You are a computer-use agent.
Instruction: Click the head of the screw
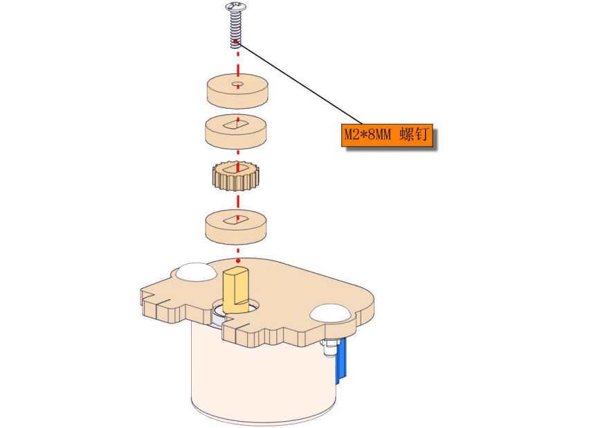point(236,7)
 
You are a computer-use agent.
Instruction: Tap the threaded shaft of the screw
point(236,29)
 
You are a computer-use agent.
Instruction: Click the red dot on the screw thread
point(237,42)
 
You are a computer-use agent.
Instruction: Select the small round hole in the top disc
point(238,83)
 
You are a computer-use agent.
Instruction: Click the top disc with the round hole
point(237,91)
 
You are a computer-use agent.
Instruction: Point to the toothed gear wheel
point(234,175)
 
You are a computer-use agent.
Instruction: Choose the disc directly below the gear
point(236,226)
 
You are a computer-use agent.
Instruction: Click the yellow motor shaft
point(236,291)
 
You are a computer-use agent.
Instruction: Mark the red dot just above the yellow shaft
point(238,261)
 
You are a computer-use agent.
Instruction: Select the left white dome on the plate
point(194,272)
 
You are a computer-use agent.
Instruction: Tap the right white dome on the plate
point(330,313)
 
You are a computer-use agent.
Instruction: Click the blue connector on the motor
point(341,359)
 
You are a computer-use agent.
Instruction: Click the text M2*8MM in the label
point(368,134)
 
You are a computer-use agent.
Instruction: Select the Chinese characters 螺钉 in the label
point(414,134)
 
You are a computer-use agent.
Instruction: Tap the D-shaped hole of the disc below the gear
point(236,220)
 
